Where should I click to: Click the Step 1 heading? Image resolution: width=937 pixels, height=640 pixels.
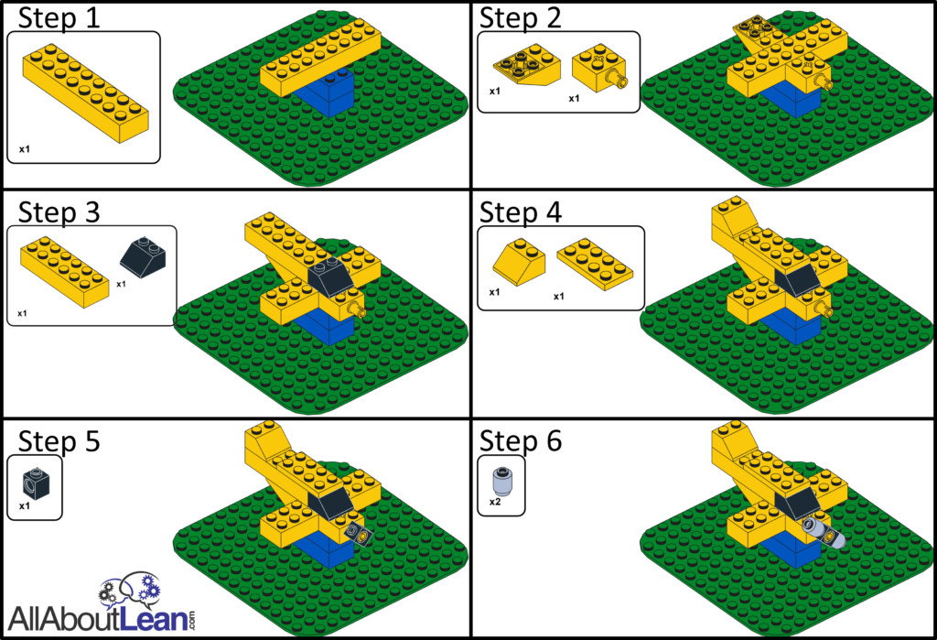point(59,18)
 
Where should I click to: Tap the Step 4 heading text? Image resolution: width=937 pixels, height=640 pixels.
point(521,212)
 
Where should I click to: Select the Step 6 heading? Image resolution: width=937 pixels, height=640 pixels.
point(521,440)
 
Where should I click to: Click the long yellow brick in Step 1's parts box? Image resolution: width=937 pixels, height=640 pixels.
point(85,93)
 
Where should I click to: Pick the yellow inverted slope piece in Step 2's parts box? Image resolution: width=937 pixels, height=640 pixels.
point(526,65)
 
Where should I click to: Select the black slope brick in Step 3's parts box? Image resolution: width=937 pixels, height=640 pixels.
point(143,257)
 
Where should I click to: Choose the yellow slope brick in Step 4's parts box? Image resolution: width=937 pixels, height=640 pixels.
point(519,262)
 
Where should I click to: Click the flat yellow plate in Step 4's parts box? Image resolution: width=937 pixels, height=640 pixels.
point(595,264)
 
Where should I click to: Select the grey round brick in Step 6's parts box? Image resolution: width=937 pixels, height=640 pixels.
point(501,480)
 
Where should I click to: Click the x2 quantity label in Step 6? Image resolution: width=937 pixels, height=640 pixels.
point(495,502)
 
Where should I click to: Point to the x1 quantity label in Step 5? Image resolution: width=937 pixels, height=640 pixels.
point(25,506)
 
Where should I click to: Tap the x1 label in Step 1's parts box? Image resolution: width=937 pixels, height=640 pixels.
point(25,149)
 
